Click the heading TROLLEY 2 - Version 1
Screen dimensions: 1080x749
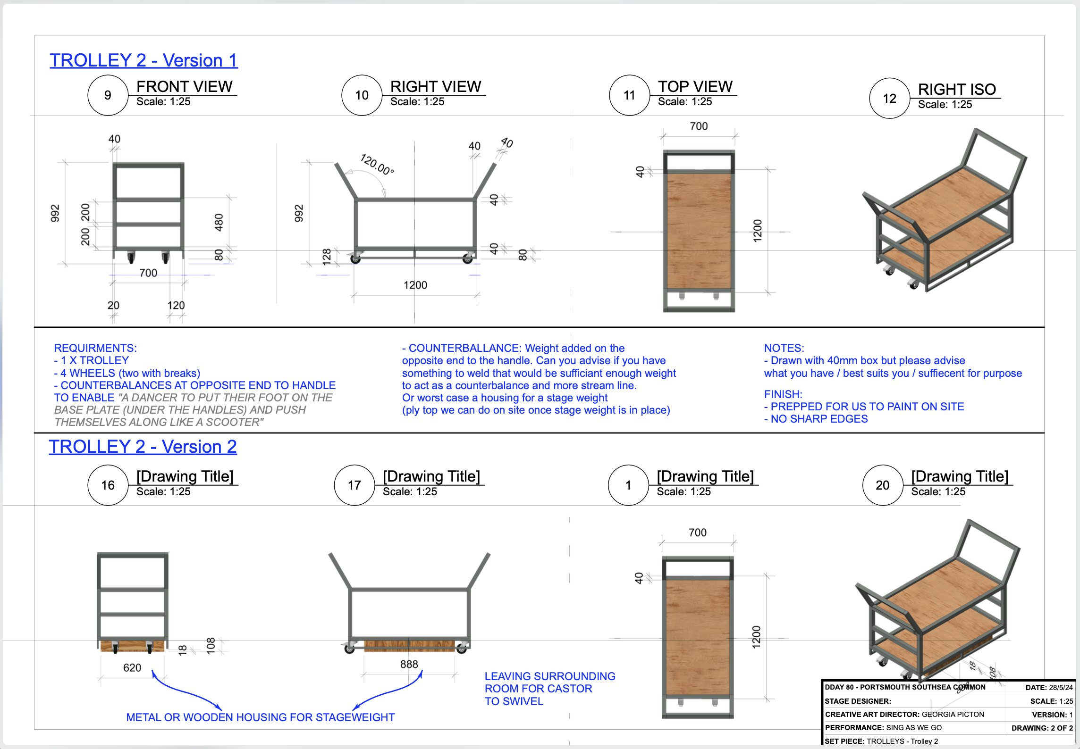pos(143,60)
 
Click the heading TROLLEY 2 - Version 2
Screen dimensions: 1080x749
pos(143,447)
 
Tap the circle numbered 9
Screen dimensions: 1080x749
pos(108,95)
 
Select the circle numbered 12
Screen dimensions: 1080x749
pos(890,98)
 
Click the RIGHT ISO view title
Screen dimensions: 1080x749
pos(957,89)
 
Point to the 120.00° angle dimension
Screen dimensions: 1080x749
pos(377,164)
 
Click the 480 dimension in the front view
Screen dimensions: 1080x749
pos(219,222)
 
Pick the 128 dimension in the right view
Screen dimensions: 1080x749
pos(327,257)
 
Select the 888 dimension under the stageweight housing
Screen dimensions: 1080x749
pos(409,664)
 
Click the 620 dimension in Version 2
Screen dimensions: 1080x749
pos(132,667)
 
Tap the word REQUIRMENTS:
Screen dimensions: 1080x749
pos(95,348)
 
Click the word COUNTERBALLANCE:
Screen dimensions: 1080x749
pos(465,348)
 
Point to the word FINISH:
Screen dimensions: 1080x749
pos(783,394)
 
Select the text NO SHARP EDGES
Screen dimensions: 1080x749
pos(819,419)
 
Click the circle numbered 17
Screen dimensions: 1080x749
pos(354,485)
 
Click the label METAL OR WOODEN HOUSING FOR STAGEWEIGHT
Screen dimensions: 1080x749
pos(260,717)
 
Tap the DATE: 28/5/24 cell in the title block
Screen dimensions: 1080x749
pos(1049,688)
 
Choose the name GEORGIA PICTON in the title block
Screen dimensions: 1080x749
pos(953,715)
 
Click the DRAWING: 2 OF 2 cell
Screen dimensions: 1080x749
pos(1042,728)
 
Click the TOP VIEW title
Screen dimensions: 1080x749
pos(695,86)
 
